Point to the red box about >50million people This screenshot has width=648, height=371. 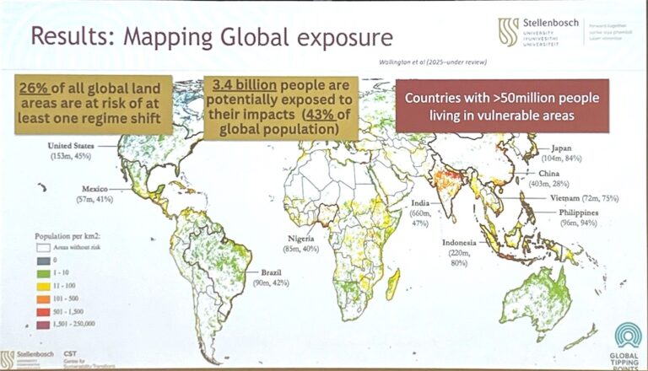(502, 105)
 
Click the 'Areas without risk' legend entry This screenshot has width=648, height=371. (69, 250)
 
